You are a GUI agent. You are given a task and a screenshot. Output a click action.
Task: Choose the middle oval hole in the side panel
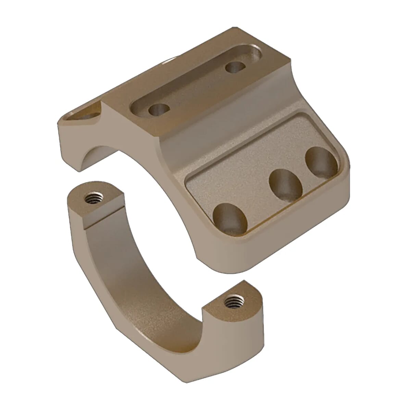pos(286,185)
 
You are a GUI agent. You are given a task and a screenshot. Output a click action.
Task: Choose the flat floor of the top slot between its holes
pos(197,87)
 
